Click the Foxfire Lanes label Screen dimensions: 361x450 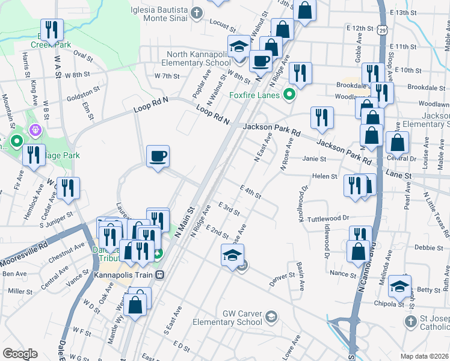[254, 95]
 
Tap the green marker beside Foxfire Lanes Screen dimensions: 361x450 [289, 95]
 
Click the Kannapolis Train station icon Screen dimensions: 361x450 [160, 275]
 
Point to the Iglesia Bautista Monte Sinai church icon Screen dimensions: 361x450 [197, 13]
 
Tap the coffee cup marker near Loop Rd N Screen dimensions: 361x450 [158, 156]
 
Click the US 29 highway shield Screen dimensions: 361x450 [382, 29]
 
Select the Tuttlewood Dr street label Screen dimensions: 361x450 [328, 218]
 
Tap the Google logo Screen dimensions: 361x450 [20, 354]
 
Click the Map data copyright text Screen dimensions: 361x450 [424, 356]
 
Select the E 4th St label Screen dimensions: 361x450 [250, 192]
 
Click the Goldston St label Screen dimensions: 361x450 [84, 94]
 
